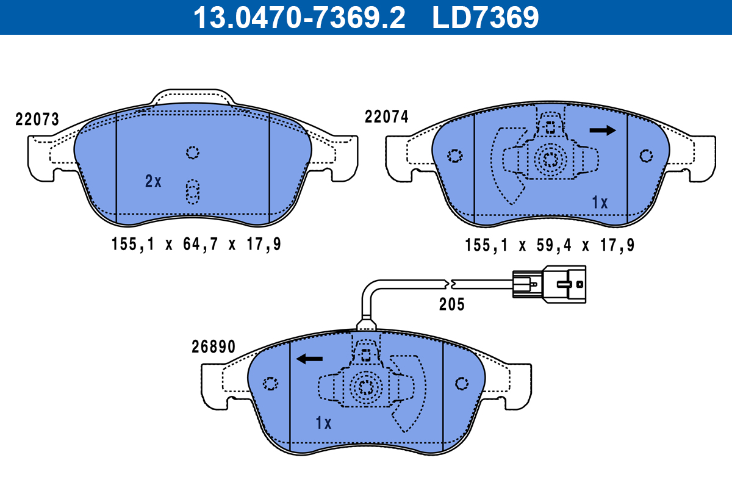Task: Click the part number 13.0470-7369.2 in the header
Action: [x=299, y=17]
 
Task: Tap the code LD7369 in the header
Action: [x=486, y=17]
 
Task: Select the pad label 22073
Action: [x=37, y=120]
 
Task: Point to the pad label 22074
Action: [x=386, y=117]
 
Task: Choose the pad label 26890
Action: [x=212, y=347]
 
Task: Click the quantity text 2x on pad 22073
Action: [x=153, y=181]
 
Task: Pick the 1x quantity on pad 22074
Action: [x=600, y=203]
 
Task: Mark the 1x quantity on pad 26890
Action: [x=323, y=423]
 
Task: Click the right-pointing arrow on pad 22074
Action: [x=603, y=130]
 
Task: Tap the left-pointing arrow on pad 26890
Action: [x=309, y=359]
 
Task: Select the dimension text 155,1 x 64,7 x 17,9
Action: [x=196, y=245]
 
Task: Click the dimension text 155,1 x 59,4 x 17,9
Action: [x=550, y=245]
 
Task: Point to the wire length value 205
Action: [x=451, y=304]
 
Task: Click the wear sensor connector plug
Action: [x=549, y=282]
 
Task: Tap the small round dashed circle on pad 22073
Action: [x=193, y=152]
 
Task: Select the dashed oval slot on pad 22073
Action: [x=193, y=192]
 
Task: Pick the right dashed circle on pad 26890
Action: [x=462, y=383]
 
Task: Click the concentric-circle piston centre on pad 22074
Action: [x=550, y=160]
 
